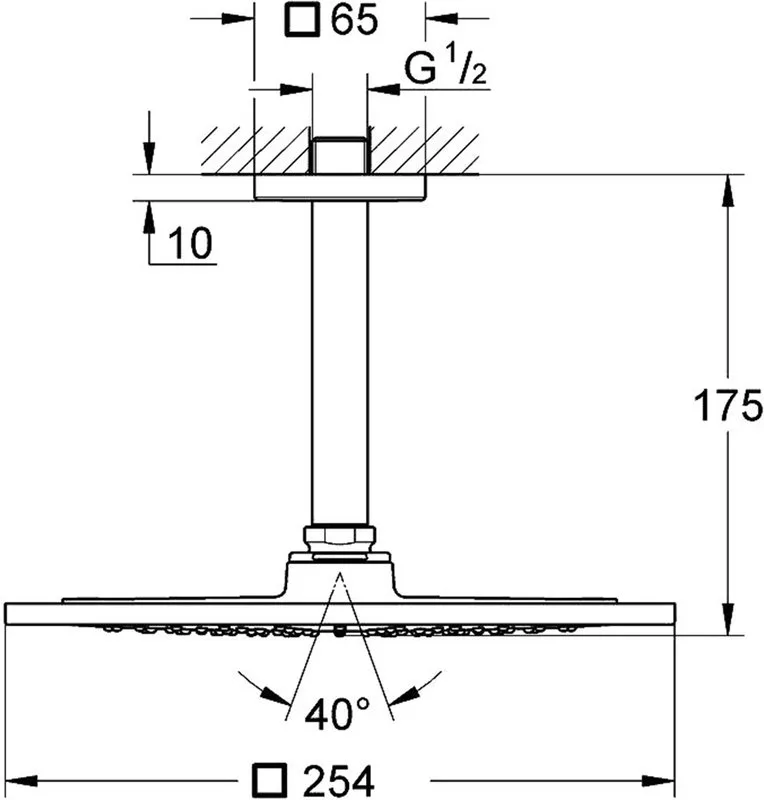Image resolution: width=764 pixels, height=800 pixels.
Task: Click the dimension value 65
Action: click(354, 20)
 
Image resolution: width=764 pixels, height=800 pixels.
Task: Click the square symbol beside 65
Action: click(303, 20)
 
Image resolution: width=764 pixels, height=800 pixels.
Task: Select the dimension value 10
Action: click(190, 243)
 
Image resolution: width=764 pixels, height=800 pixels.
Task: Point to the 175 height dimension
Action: click(728, 405)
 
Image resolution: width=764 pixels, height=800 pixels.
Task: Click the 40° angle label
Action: click(337, 713)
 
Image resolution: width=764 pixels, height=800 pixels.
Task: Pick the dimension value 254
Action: click(338, 781)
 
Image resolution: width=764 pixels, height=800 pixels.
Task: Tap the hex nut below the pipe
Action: click(339, 538)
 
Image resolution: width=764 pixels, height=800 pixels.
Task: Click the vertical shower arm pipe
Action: click(339, 363)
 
